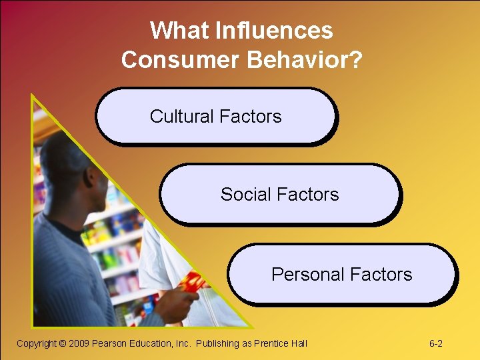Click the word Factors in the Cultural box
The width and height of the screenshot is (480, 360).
pos(251,117)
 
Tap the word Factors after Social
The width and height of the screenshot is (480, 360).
pos(308,195)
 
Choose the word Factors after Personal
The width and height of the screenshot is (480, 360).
pos(381,275)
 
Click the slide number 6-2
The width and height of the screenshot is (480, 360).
pos(436,344)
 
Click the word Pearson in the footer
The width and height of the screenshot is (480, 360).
pos(109,344)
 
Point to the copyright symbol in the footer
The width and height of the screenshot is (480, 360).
pos(62,344)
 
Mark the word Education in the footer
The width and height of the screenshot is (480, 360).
pos(151,344)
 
